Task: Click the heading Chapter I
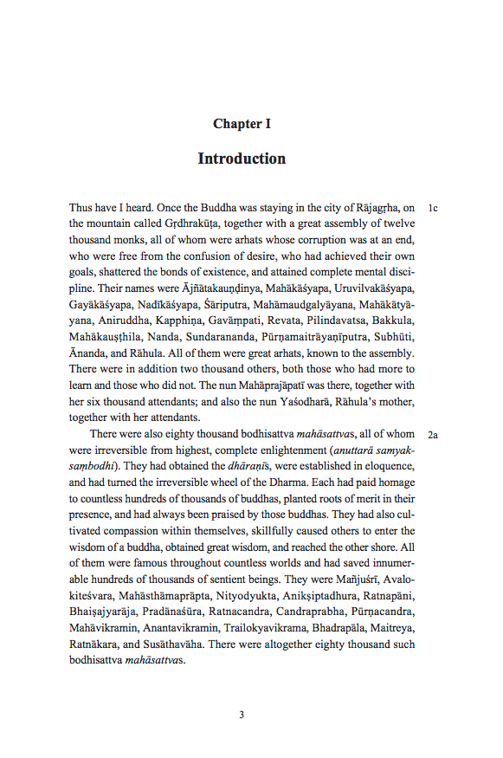click(x=242, y=124)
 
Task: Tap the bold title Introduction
click(x=242, y=159)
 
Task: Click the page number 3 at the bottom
click(x=242, y=715)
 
